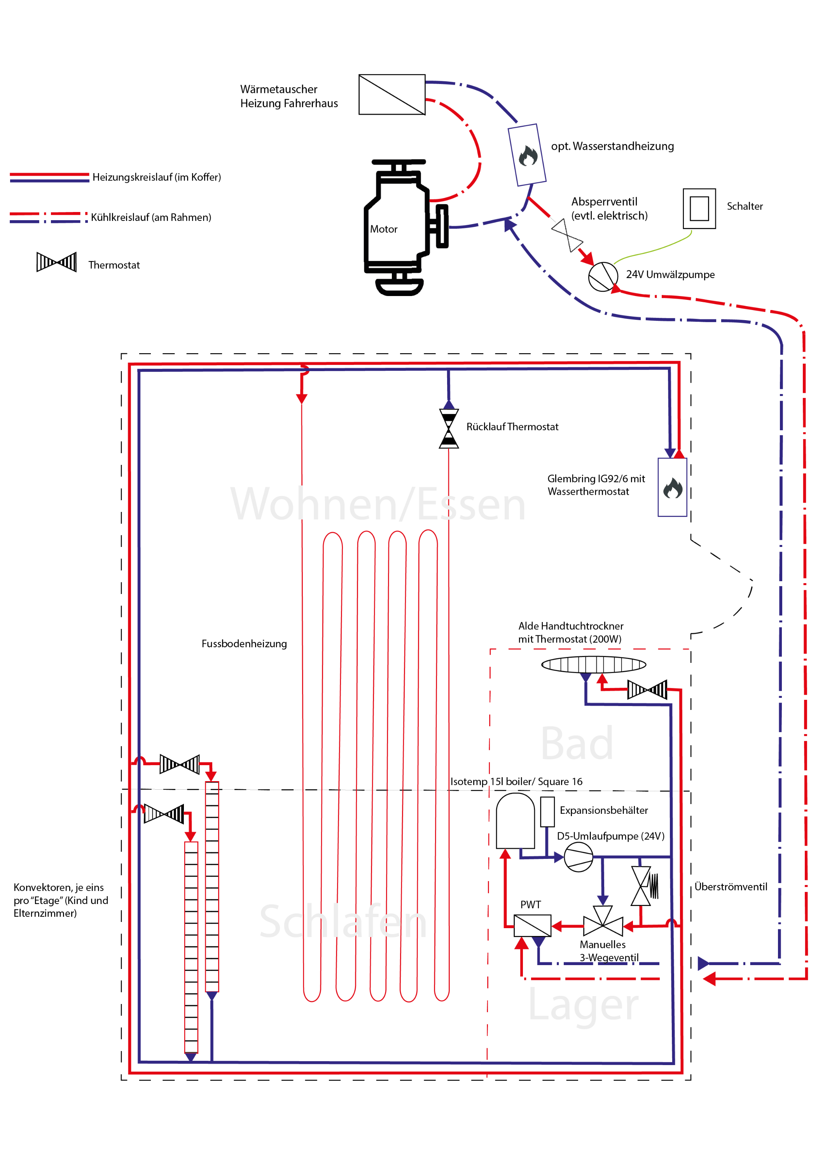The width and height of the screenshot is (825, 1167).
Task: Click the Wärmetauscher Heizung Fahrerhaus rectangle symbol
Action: [392, 95]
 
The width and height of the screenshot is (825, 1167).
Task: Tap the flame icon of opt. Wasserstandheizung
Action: [528, 156]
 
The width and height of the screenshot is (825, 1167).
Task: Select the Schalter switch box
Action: [699, 209]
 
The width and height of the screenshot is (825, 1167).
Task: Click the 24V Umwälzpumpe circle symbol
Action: [603, 277]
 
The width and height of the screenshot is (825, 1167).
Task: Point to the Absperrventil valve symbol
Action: [567, 235]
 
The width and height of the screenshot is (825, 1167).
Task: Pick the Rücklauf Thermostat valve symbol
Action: [449, 428]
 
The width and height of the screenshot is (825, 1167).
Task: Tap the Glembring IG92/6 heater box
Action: [672, 487]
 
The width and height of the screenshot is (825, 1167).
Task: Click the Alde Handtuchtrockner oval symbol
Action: [593, 664]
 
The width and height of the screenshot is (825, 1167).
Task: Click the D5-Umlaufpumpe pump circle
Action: [579, 857]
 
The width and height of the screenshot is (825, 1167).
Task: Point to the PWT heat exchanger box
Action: [532, 925]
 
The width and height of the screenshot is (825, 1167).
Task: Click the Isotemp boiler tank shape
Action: [515, 820]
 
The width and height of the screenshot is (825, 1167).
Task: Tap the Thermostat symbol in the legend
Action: [56, 262]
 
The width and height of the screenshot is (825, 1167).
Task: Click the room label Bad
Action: [577, 743]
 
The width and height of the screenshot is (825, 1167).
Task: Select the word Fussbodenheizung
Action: [244, 644]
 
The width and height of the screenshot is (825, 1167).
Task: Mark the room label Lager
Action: [583, 1005]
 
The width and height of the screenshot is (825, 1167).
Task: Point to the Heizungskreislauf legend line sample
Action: [49, 177]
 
